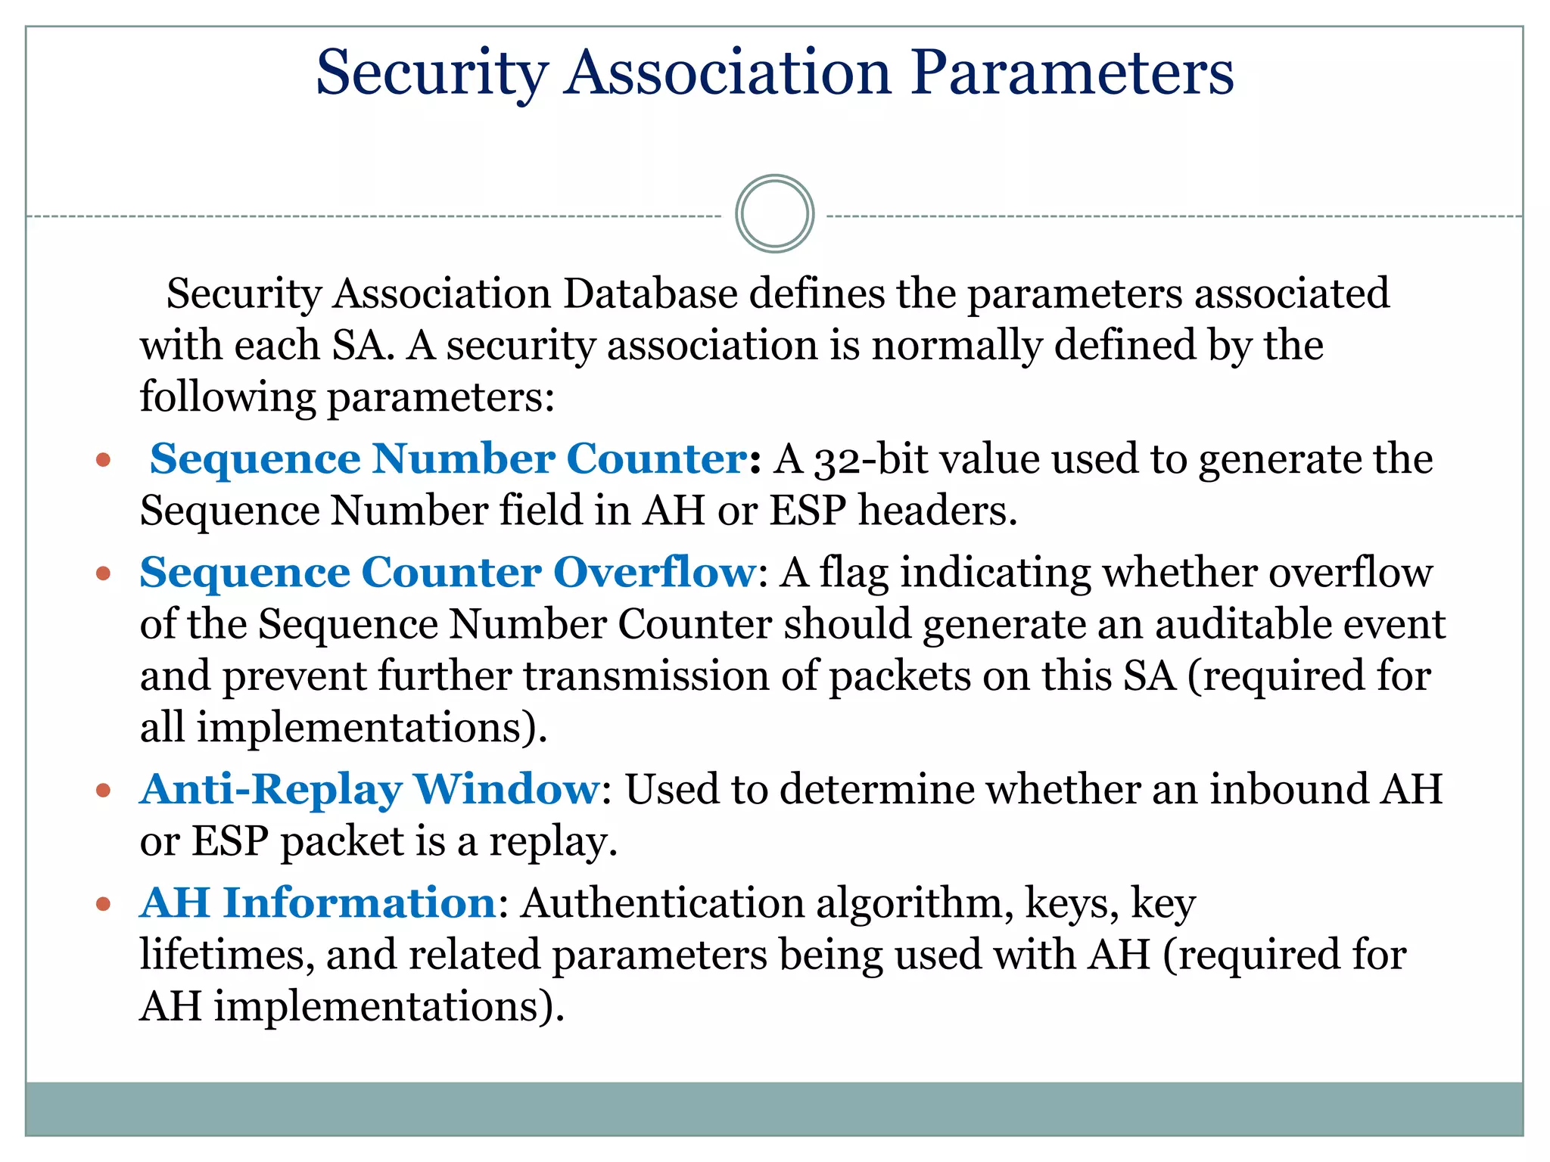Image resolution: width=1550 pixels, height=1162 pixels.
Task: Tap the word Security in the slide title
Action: [x=431, y=73]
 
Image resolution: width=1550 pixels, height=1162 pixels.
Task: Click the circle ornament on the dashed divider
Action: [x=774, y=214]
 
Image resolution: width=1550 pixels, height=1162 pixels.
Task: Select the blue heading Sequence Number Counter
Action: [x=449, y=459]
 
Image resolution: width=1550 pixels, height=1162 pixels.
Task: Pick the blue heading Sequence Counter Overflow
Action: [x=447, y=573]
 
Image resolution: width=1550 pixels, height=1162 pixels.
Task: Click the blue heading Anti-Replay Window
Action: [x=370, y=790]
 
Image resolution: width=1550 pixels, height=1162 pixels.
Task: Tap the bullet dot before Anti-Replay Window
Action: [x=104, y=791]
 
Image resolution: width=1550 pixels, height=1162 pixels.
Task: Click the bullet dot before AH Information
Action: [x=104, y=904]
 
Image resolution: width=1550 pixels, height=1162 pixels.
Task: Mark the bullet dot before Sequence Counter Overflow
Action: [x=104, y=574]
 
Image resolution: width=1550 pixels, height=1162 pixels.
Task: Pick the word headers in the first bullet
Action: [x=937, y=511]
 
